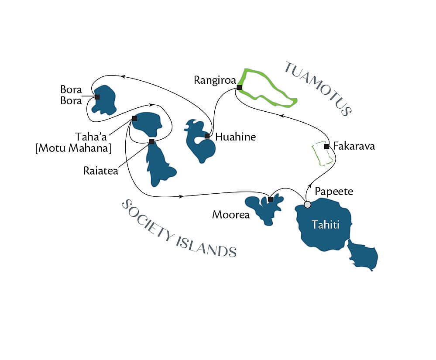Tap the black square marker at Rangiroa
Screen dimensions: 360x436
coord(239,87)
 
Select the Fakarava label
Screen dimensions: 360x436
coord(354,146)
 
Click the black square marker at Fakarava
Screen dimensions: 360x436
coord(326,146)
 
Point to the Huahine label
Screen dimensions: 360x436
coord(236,137)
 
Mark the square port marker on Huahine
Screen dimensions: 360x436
coord(207,136)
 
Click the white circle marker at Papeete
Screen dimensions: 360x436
coord(307,204)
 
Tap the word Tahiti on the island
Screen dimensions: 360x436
coord(325,225)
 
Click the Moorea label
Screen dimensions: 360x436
coord(225,215)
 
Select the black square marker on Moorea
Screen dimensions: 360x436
coord(271,199)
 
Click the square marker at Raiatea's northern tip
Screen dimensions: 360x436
coord(151,141)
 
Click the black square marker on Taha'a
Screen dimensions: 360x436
coord(134,118)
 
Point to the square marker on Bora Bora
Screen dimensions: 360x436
coord(97,97)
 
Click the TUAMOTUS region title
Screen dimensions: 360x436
coord(318,88)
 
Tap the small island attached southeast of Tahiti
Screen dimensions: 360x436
coord(363,256)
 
